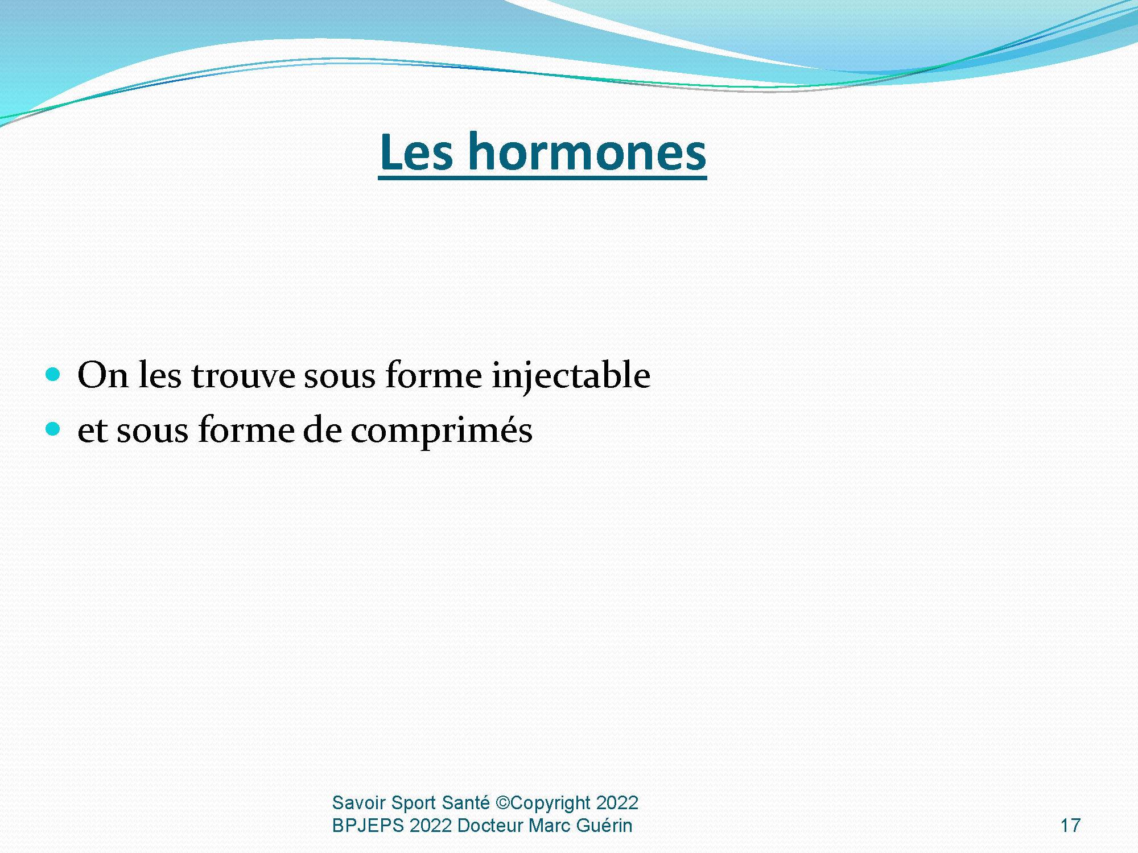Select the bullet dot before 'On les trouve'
(x=53, y=374)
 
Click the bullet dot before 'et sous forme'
(x=53, y=429)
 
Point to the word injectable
(x=571, y=376)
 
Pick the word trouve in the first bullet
(x=244, y=376)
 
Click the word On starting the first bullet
(x=103, y=375)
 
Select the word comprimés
(x=442, y=430)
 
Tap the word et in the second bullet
(x=93, y=432)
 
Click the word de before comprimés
(x=322, y=430)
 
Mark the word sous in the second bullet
(x=152, y=433)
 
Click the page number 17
(x=1070, y=825)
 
